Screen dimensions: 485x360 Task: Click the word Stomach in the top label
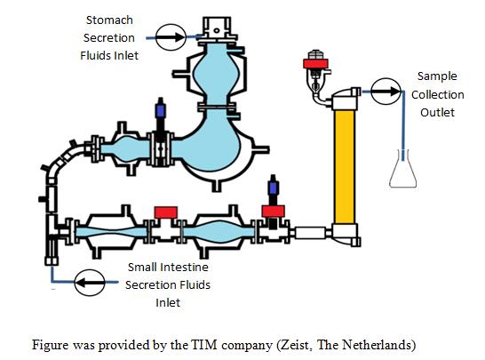point(109,20)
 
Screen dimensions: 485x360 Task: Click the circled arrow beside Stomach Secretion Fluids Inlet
point(171,36)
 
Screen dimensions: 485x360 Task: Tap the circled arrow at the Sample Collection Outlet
point(386,92)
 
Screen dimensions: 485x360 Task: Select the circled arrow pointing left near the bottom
point(90,283)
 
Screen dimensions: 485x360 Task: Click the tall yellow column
point(345,167)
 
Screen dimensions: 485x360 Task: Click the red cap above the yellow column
point(315,63)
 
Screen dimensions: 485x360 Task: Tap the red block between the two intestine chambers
point(166,212)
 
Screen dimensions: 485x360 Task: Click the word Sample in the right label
point(437,76)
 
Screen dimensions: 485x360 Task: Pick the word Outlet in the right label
point(437,112)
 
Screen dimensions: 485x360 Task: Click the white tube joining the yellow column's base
point(310,233)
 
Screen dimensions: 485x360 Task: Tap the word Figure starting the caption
point(51,345)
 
